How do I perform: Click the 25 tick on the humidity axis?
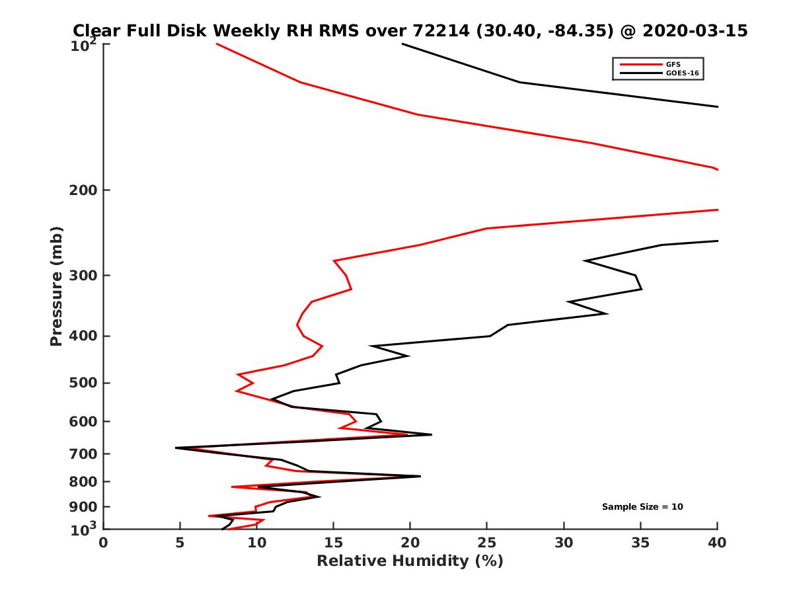pos(487,543)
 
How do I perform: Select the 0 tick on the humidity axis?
pos(104,543)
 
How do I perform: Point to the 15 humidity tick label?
pos(334,543)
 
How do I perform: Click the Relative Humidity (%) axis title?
pos(410,561)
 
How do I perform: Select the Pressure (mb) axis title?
pos(56,286)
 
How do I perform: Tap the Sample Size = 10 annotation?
pos(642,507)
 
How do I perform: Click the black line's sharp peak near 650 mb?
pos(432,434)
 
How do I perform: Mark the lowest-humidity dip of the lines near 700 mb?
pos(176,448)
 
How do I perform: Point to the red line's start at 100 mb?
pos(217,44)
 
